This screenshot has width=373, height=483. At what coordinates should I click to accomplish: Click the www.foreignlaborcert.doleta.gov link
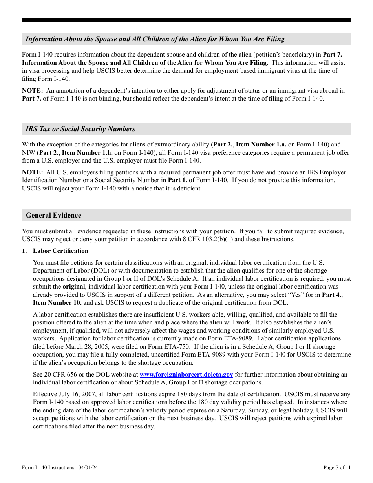186,375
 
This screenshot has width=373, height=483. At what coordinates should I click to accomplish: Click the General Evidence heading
53,215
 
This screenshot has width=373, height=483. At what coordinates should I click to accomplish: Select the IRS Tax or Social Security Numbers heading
80,129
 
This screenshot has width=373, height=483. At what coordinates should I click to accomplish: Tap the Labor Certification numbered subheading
60,251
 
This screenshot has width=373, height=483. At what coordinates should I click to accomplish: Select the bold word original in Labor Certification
73,287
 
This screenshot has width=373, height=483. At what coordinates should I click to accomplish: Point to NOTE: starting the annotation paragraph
32,91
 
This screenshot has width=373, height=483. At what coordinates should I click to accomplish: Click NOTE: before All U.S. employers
32,172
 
